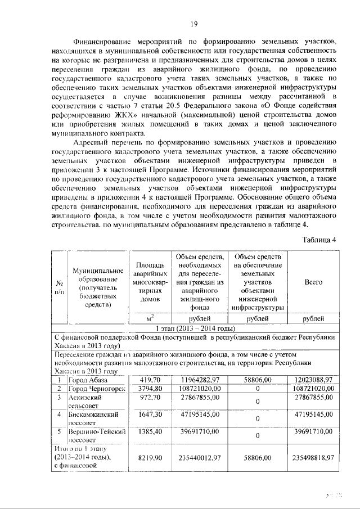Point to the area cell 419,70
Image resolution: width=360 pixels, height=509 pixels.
click(151, 380)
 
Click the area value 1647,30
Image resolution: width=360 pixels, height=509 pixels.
click(151, 416)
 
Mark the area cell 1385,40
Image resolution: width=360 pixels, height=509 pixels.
click(151, 434)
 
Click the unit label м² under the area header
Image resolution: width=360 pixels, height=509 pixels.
click(151, 318)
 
